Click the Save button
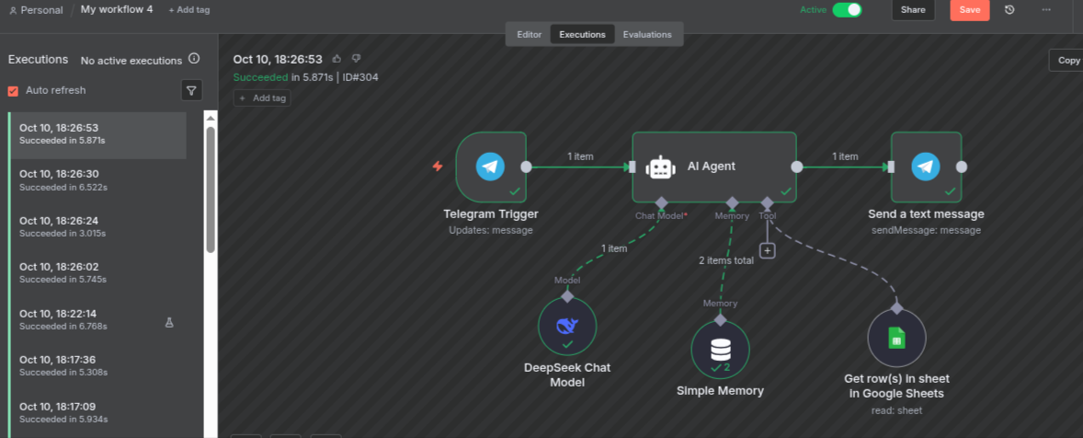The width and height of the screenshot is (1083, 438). pyautogui.click(x=969, y=10)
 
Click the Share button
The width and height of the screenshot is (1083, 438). pyautogui.click(x=913, y=10)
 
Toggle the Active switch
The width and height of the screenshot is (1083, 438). pyautogui.click(x=847, y=10)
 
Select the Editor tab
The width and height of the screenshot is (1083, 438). pyautogui.click(x=529, y=35)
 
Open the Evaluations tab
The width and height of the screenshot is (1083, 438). pyautogui.click(x=647, y=35)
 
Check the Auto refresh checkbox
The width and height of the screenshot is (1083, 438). pyautogui.click(x=13, y=91)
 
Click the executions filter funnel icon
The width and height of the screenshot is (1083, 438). pyautogui.click(x=191, y=90)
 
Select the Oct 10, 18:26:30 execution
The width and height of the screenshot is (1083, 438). pyautogui.click(x=59, y=179)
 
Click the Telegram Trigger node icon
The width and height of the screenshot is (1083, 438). pyautogui.click(x=490, y=167)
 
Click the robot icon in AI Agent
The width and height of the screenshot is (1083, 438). pyautogui.click(x=660, y=167)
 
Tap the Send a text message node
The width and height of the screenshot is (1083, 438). pyautogui.click(x=926, y=167)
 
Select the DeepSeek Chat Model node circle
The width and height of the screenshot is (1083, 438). pyautogui.click(x=567, y=327)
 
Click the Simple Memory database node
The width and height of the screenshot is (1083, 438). pyautogui.click(x=720, y=350)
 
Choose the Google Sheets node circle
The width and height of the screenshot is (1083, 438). pyautogui.click(x=896, y=338)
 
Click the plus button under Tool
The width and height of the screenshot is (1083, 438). pyautogui.click(x=767, y=250)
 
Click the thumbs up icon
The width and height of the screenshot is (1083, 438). pyautogui.click(x=336, y=59)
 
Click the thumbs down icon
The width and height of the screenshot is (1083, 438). pyautogui.click(x=356, y=59)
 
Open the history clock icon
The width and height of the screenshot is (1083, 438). pyautogui.click(x=1009, y=10)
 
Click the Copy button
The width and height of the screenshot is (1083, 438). pyautogui.click(x=1068, y=61)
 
